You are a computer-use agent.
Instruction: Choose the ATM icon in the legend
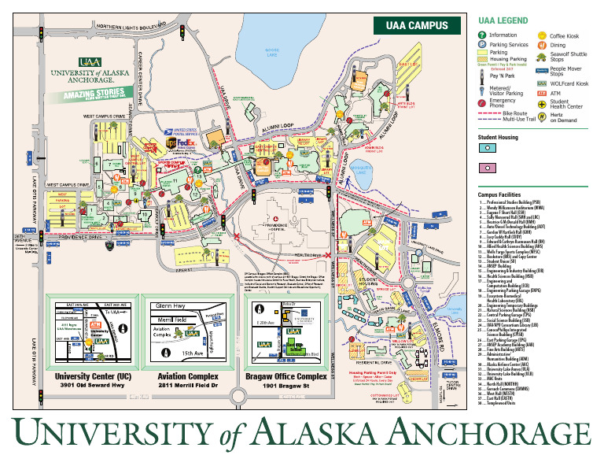coord(543,93)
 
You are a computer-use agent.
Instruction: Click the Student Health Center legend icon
coord(543,105)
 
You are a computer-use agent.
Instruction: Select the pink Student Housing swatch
coord(488,168)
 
